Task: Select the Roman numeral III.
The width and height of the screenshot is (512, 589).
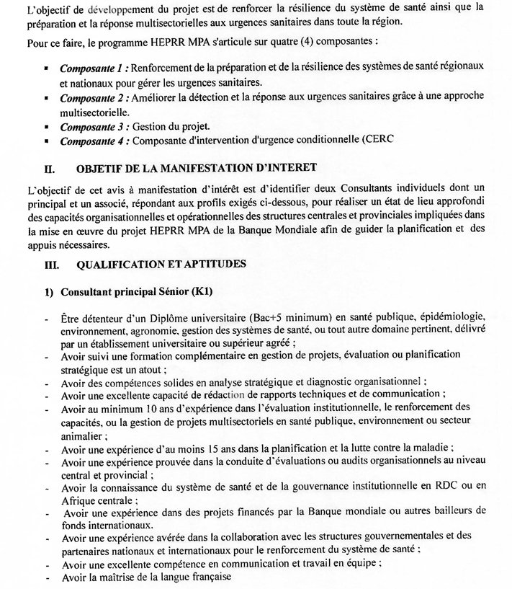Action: [x=53, y=264]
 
